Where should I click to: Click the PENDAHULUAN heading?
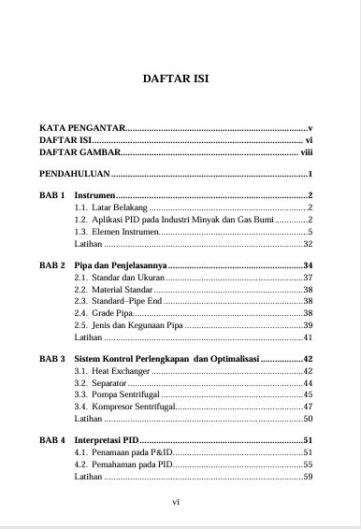(75, 175)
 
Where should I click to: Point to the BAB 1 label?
(51, 195)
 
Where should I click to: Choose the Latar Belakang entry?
(110, 207)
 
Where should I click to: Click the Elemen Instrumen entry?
(117, 232)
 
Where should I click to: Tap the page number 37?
(308, 279)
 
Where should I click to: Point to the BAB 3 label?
(51, 359)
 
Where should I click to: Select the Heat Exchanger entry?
(112, 372)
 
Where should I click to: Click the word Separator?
(106, 384)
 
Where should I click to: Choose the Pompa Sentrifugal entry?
(119, 395)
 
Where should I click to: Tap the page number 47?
(308, 407)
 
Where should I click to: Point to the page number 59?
(308, 477)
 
